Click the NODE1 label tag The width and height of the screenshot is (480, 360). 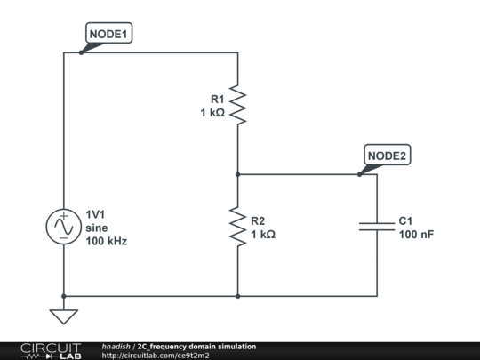click(108, 35)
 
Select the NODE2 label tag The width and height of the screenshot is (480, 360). click(387, 156)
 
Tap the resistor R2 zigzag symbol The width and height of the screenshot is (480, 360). click(238, 227)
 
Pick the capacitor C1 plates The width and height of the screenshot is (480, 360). click(377, 227)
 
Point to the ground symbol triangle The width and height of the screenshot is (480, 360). click(64, 316)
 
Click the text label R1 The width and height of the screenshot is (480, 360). click(217, 99)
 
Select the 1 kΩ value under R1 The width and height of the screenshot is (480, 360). click(212, 113)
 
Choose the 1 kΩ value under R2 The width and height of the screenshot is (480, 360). click(263, 235)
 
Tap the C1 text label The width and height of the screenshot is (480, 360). click(406, 220)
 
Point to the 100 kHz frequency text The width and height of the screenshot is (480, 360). click(106, 241)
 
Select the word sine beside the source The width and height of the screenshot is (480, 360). click(97, 227)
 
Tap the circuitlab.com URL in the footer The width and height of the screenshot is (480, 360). click(156, 356)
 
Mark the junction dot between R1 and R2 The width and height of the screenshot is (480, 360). click(238, 174)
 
